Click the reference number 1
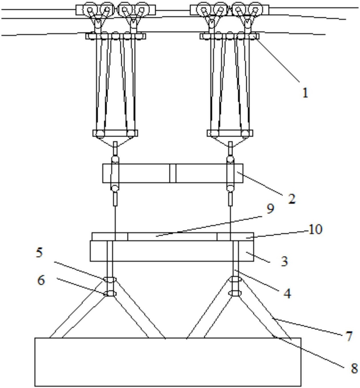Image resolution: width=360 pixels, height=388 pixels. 305,93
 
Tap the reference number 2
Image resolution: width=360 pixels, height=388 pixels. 292,199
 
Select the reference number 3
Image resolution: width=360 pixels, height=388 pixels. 285,262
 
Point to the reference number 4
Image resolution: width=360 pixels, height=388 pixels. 287,293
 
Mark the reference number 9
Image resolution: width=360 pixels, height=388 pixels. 270,209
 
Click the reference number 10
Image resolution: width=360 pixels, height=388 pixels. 315,229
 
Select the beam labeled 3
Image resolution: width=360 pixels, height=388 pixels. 172,251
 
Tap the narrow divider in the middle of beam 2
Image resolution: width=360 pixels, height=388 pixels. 173,173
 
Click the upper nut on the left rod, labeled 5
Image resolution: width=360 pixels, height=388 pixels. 110,280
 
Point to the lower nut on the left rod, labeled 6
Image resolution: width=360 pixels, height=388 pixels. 110,293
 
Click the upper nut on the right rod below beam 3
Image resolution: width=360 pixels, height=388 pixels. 235,280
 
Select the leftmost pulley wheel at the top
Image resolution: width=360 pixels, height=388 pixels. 90,9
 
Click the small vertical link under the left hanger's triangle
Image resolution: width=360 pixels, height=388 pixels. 115,148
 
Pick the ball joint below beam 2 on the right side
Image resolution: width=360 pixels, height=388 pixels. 230,188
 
